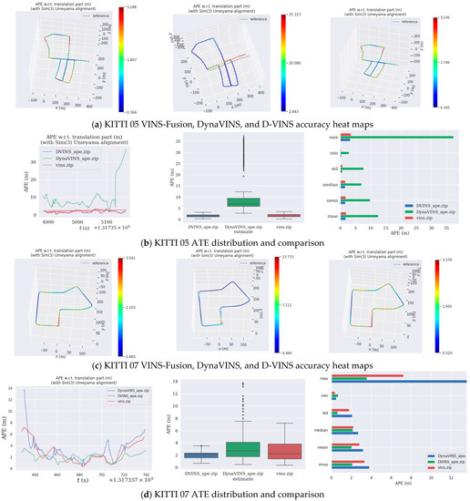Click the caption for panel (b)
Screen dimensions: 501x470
click(235, 242)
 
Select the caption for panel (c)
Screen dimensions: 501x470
click(235, 365)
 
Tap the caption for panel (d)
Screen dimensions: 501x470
click(235, 493)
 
